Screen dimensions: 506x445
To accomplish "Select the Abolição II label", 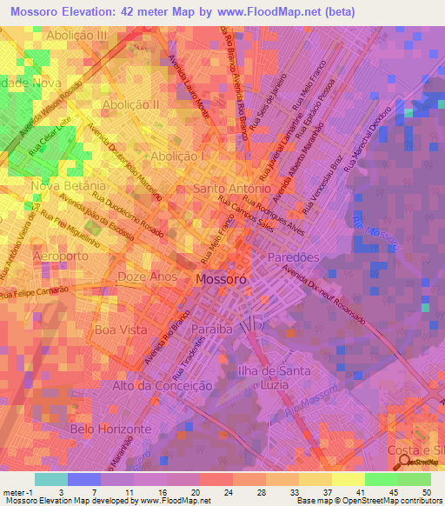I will pyautogui.click(x=130, y=104).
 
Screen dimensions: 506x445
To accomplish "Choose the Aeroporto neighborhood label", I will pyautogui.click(x=61, y=257).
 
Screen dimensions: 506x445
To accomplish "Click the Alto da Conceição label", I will pyautogui.click(x=163, y=385).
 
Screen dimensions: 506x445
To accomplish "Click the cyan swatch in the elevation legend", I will pyautogui.click(x=50, y=479).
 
